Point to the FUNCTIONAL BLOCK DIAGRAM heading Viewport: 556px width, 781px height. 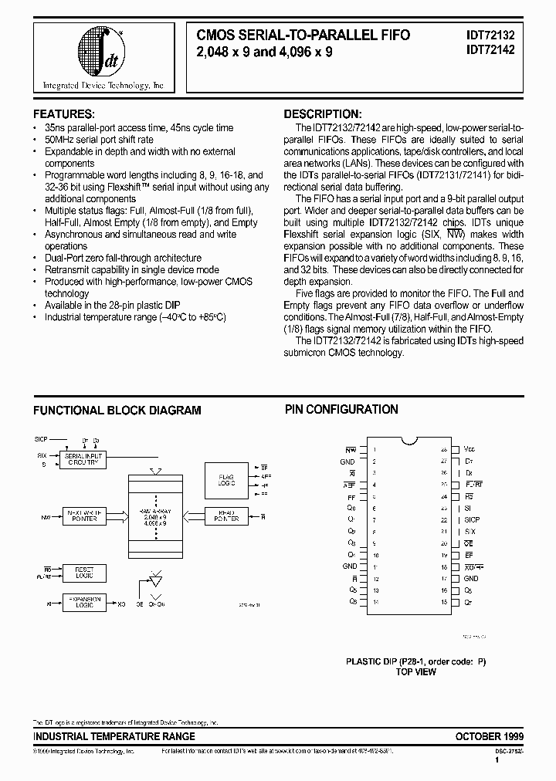[117, 411]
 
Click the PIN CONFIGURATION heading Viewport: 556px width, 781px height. [341, 410]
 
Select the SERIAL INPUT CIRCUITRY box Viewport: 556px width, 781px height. [81, 459]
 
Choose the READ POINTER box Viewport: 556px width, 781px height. [225, 517]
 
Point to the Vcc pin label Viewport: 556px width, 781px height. [469, 448]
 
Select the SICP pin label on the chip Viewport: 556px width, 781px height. [471, 520]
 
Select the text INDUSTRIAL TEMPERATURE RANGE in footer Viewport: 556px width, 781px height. [114, 736]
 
